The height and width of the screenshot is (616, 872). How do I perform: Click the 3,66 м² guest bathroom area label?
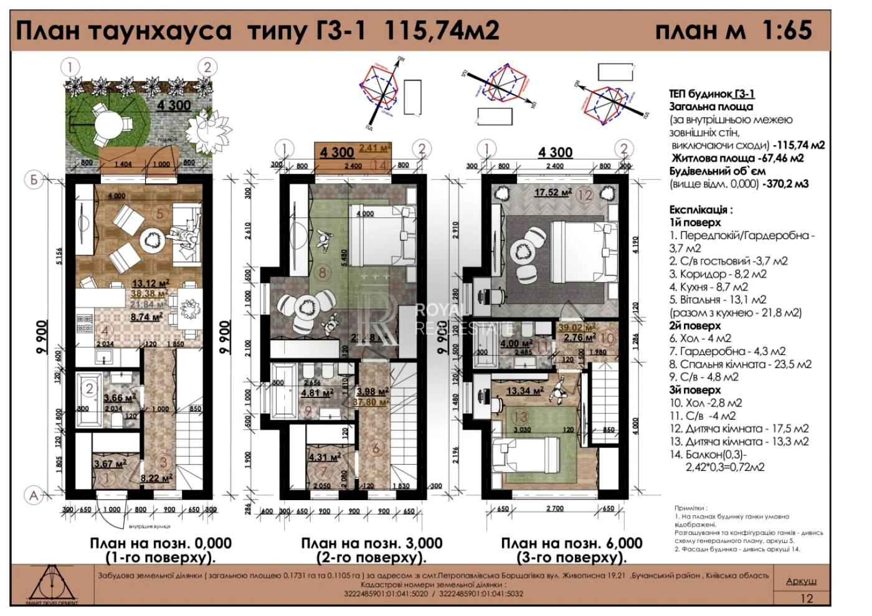point(120,397)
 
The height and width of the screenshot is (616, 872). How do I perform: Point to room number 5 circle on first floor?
point(159,214)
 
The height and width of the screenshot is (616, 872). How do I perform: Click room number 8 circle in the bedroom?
point(322,272)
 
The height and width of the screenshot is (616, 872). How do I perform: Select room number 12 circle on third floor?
point(584,194)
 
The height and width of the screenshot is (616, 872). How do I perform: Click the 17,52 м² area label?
point(552,192)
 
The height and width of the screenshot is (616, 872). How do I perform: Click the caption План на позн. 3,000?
point(372,543)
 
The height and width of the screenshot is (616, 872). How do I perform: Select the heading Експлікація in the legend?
point(701,210)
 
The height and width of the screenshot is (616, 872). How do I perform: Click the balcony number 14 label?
point(380,164)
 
